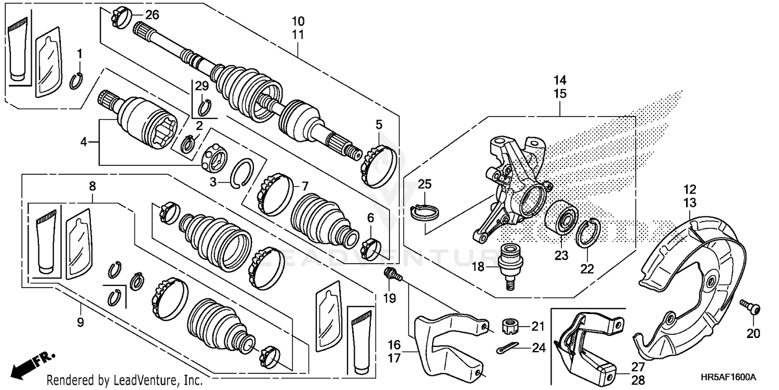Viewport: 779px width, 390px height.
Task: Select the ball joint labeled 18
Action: (x=509, y=262)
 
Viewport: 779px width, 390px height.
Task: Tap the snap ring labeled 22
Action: (x=589, y=232)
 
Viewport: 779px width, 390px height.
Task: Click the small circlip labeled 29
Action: (x=204, y=108)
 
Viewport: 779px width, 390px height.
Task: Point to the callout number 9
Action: (x=80, y=322)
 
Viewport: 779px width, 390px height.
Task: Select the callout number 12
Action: (x=690, y=189)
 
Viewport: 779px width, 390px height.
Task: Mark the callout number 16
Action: (x=395, y=344)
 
